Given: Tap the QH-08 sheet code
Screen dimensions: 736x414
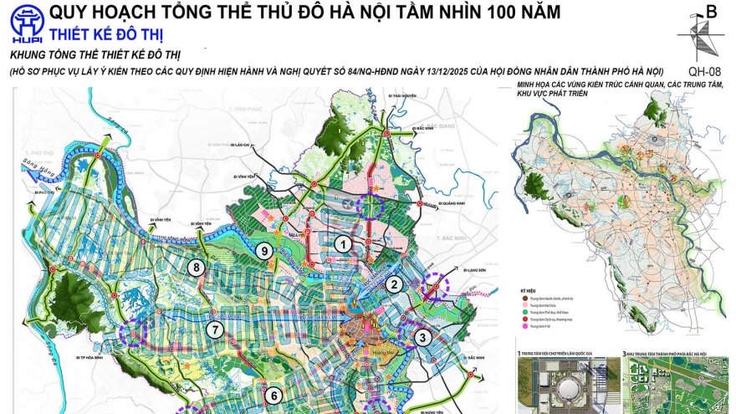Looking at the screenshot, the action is [703, 71].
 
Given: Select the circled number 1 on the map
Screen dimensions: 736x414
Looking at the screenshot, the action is [343, 244].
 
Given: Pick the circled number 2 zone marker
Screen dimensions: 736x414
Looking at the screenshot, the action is [391, 284].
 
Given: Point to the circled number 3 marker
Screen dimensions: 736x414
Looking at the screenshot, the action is [423, 338].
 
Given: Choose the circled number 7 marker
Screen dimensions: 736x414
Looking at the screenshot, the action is [216, 330].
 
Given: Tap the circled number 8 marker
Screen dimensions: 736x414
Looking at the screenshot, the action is [197, 268].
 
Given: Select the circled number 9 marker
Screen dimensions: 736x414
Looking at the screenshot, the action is [263, 250].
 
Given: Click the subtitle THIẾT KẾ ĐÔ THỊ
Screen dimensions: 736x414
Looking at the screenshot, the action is [106, 34].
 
